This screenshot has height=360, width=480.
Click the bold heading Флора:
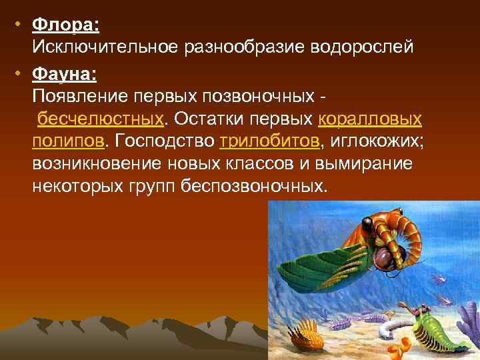click(65, 25)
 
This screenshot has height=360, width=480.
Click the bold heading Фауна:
click(65, 73)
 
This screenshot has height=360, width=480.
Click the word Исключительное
click(107, 47)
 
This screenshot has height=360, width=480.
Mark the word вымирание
click(365, 164)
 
